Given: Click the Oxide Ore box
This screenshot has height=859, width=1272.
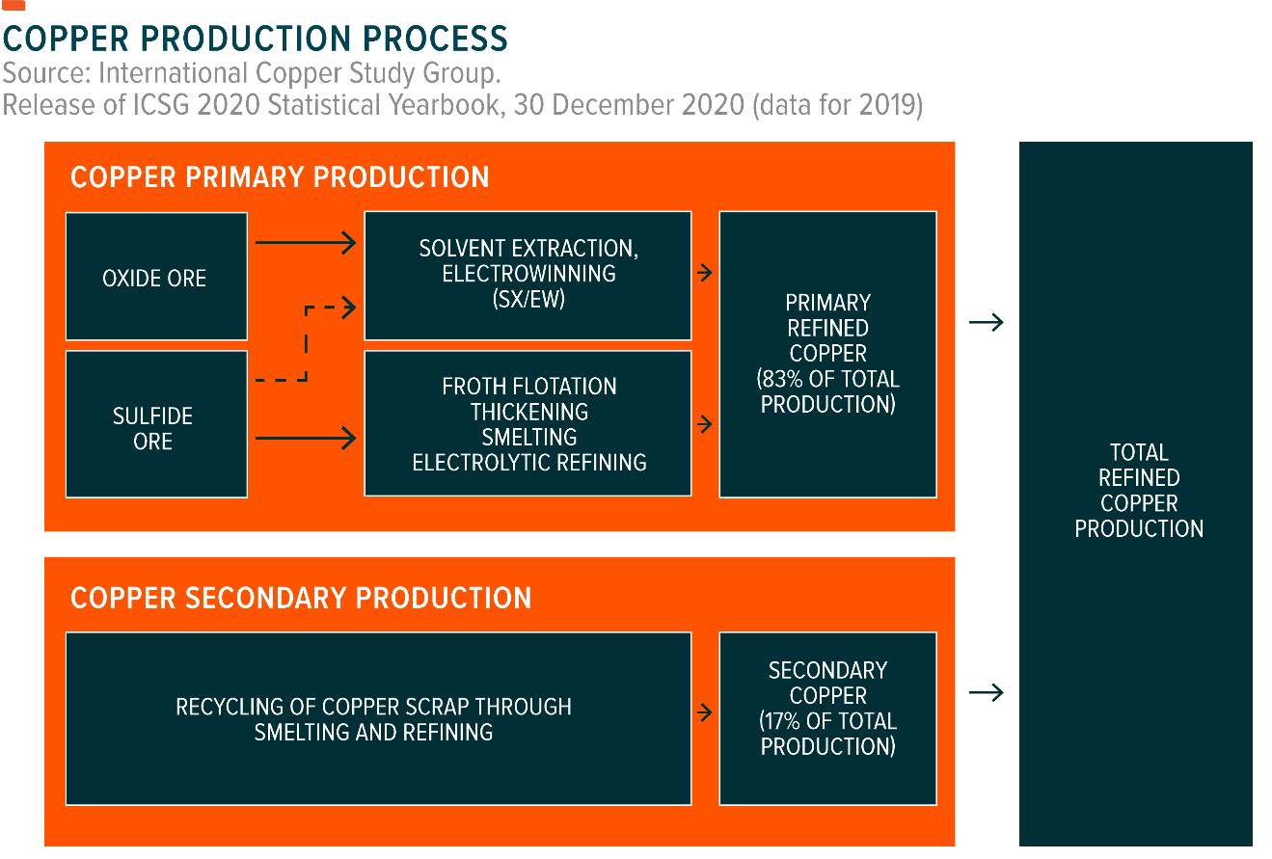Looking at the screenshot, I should [x=155, y=278].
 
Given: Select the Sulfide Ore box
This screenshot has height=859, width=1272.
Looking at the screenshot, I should [x=155, y=425].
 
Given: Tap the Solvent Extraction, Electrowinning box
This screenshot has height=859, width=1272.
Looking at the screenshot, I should [x=528, y=275].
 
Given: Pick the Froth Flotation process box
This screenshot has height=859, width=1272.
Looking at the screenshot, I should [x=528, y=424].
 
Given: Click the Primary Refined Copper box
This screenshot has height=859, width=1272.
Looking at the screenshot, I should [x=827, y=354].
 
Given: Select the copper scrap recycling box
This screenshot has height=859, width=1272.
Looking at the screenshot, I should [x=377, y=718].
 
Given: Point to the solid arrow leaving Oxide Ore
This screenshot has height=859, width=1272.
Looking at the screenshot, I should [x=305, y=243].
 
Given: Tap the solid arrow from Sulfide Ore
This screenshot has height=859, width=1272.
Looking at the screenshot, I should [x=305, y=439].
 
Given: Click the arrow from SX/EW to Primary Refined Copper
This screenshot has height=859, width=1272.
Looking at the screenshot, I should [x=705, y=273].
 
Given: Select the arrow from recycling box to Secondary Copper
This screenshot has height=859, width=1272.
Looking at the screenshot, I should [x=705, y=713].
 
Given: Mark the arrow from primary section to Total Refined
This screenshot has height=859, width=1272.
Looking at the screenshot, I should [x=986, y=322].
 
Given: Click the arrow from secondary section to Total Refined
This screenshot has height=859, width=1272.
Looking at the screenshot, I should [x=986, y=692].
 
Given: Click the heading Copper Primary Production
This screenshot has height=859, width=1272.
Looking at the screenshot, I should [x=280, y=177].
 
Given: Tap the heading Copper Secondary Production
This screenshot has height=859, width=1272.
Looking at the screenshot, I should [x=301, y=598].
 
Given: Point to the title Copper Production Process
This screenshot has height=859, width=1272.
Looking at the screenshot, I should [x=255, y=39].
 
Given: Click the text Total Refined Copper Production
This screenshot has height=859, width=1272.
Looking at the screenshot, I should [x=1139, y=491].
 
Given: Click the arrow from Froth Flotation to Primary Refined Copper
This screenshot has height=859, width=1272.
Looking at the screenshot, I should [x=705, y=423].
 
